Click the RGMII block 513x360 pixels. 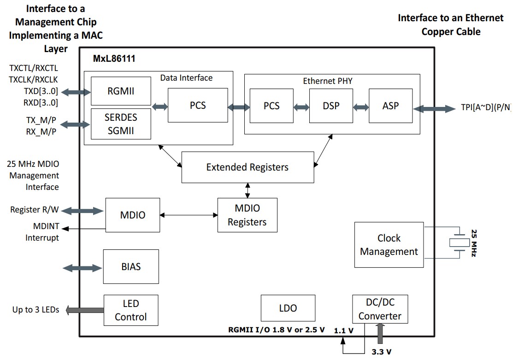(x=121, y=91)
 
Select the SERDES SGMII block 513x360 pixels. (x=121, y=124)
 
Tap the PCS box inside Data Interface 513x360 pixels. (x=198, y=106)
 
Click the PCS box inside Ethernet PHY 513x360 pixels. (x=271, y=106)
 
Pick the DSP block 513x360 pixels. (x=331, y=106)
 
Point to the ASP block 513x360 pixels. (x=390, y=106)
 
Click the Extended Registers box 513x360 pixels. (x=248, y=167)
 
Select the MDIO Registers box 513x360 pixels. (x=247, y=215)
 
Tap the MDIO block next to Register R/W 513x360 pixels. (x=133, y=215)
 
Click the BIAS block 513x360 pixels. (x=131, y=266)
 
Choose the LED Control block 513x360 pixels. (x=131, y=310)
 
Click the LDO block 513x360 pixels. (x=288, y=308)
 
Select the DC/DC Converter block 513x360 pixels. (x=380, y=310)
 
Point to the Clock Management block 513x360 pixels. (x=389, y=245)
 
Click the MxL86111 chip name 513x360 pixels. (x=114, y=59)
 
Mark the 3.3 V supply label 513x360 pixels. (x=382, y=352)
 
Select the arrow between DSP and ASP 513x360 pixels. (x=360, y=107)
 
